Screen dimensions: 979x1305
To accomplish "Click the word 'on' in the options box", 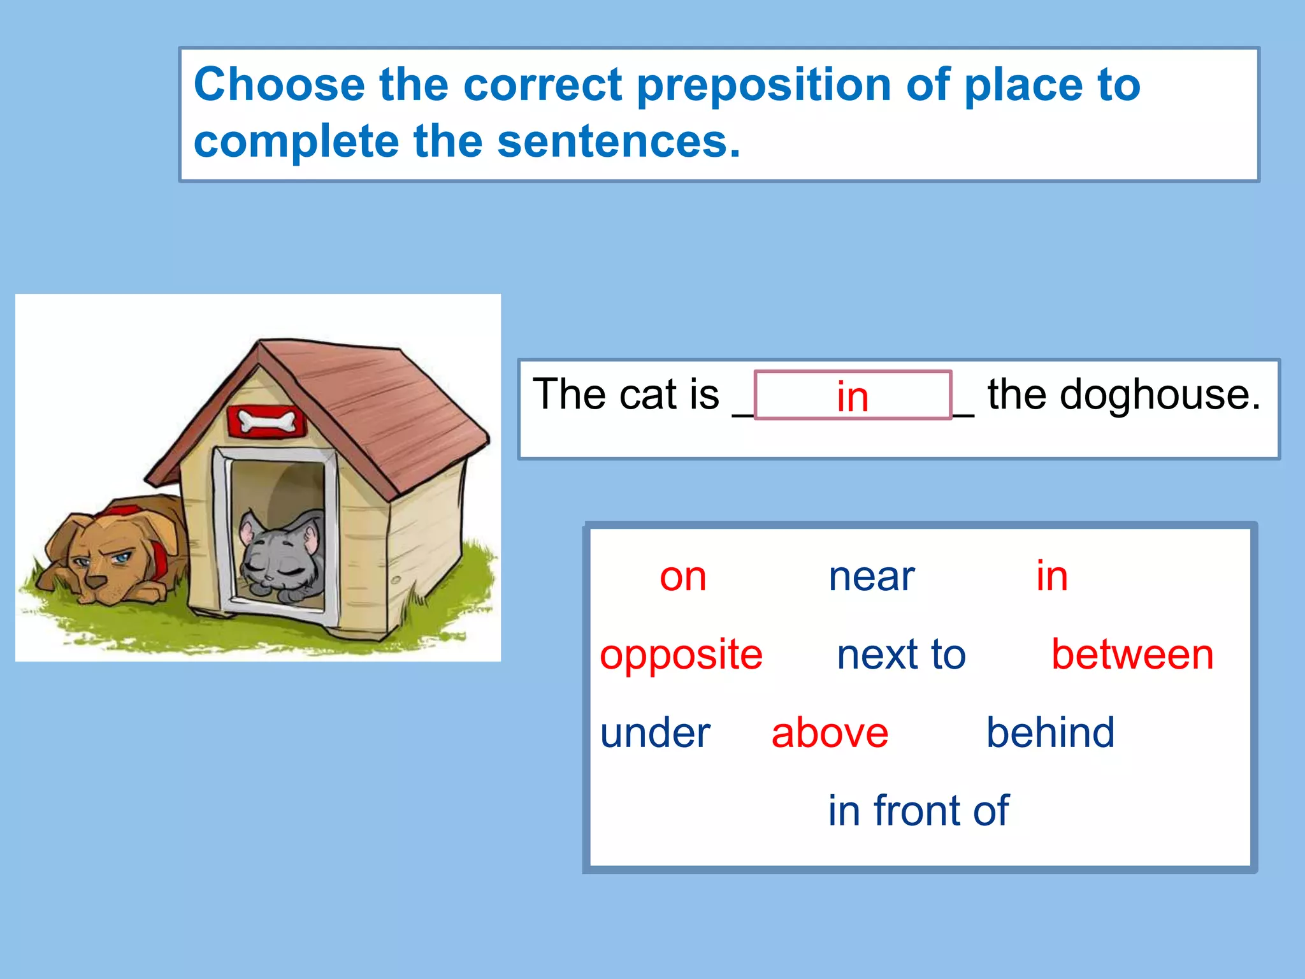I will coord(682,577).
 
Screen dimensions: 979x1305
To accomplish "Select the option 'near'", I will coord(871,577).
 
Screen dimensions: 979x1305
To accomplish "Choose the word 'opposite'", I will coord(681,655).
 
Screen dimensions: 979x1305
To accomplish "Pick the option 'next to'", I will coord(901,655).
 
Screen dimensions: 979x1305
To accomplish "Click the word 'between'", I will coord(1132,655).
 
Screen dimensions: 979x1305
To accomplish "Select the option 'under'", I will coord(655,733).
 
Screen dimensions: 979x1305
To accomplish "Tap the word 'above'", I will coord(830,733).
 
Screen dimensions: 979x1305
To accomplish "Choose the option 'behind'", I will coord(1050,732).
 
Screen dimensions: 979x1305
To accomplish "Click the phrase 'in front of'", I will coord(918,811).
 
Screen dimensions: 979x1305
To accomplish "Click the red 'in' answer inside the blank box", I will coord(853,396).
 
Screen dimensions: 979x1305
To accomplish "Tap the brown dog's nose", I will coord(96,582).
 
